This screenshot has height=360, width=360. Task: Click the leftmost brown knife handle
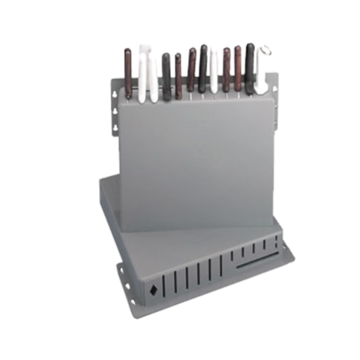click(128, 72)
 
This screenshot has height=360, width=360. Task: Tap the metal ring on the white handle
click(265, 50)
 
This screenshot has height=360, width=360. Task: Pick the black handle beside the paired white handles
click(166, 76)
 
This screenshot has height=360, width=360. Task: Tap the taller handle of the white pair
click(143, 72)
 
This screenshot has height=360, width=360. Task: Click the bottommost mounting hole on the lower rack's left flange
click(131, 301)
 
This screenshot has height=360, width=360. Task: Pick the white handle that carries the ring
click(261, 74)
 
